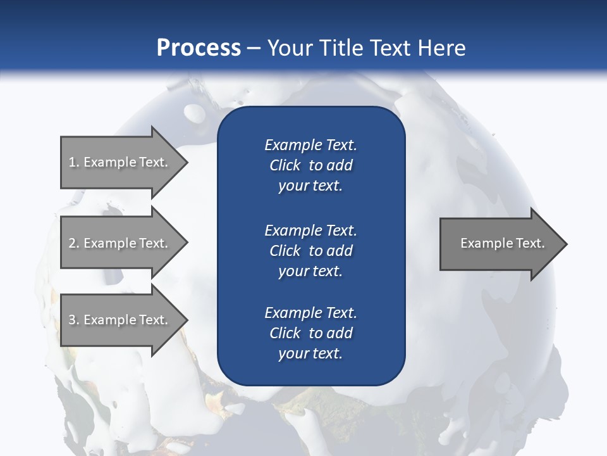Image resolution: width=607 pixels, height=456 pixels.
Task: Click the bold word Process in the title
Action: tap(199, 48)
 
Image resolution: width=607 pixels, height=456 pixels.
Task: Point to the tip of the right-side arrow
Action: tap(565, 244)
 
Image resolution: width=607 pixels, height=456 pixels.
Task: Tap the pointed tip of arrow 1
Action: tap(186, 162)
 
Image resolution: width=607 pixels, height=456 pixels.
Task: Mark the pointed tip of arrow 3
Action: tap(186, 320)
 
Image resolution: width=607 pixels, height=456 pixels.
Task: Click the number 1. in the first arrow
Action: tap(74, 162)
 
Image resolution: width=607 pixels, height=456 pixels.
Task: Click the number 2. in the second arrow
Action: tap(74, 243)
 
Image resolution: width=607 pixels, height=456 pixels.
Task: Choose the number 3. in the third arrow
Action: tap(74, 320)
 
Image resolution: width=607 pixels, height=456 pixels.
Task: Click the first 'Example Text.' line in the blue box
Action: tap(310, 145)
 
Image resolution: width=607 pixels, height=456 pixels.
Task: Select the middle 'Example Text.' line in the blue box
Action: tap(310, 230)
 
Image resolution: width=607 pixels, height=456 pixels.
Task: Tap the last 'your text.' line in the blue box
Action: tap(310, 354)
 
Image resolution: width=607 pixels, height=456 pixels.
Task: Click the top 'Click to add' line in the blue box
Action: tap(310, 165)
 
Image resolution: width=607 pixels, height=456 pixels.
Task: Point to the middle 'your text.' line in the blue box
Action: tap(310, 271)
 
